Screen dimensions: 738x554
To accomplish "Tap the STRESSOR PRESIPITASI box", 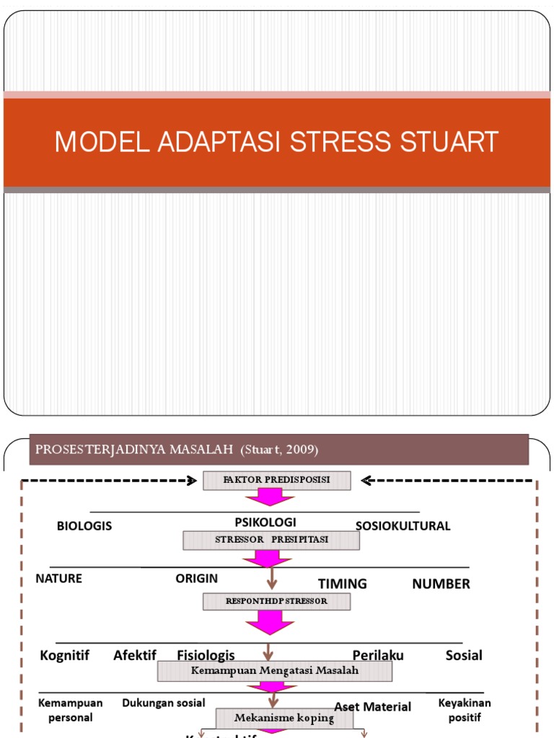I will tap(271, 540).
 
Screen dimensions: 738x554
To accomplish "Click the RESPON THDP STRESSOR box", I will tap(276, 601).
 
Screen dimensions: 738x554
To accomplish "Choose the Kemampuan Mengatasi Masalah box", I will tap(274, 671).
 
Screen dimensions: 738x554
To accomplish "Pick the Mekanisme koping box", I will tap(284, 718).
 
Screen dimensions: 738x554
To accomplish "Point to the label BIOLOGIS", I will tap(84, 526).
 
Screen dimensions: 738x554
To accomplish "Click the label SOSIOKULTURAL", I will tap(403, 526).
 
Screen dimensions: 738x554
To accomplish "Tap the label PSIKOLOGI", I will tap(265, 522).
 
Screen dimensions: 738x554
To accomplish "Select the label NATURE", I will tap(58, 579).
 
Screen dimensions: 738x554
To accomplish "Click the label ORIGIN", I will tap(196, 579).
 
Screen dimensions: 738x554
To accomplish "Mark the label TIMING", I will tap(343, 584).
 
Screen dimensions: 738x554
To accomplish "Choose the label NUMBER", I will tap(441, 584).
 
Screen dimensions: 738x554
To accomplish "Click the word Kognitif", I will tap(65, 655).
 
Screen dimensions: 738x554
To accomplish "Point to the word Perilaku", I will tap(377, 655).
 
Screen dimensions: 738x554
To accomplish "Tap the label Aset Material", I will tap(372, 707).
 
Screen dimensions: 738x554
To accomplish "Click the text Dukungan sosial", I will tap(164, 703).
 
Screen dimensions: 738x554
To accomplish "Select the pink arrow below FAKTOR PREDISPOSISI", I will tap(269, 497).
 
